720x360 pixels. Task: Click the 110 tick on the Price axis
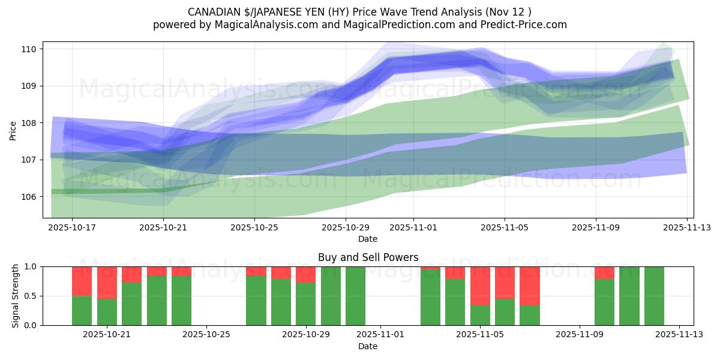click(x=30, y=49)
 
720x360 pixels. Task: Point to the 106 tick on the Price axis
click(x=30, y=197)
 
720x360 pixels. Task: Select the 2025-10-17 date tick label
click(x=72, y=228)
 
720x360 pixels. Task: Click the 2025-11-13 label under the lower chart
click(x=679, y=335)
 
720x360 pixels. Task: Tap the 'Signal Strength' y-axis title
click(x=16, y=296)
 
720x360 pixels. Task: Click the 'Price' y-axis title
click(x=13, y=130)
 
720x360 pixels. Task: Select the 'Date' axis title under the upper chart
click(x=368, y=239)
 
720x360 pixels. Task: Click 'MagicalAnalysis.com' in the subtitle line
click(x=260, y=25)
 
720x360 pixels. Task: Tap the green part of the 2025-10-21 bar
click(x=107, y=312)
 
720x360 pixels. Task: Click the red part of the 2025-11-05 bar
click(x=480, y=286)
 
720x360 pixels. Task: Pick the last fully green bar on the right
click(x=654, y=296)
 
